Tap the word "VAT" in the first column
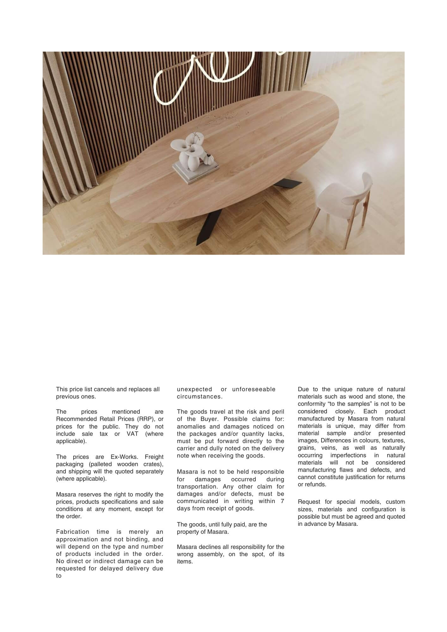point(132,434)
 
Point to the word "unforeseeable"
point(254,389)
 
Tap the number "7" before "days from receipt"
point(282,501)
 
